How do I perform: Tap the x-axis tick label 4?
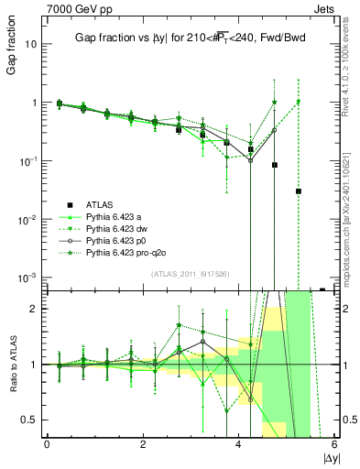(x=239, y=444)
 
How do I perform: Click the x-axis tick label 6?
(x=334, y=444)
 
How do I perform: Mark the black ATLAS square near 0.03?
(x=299, y=191)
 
